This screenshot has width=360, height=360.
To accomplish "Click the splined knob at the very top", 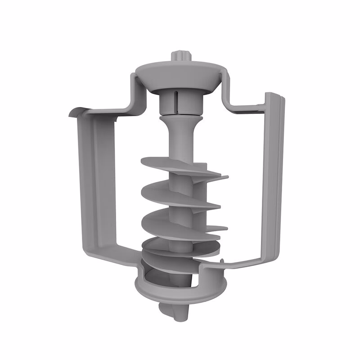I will (181, 58).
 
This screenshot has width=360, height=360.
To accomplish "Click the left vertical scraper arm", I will (97, 180).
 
